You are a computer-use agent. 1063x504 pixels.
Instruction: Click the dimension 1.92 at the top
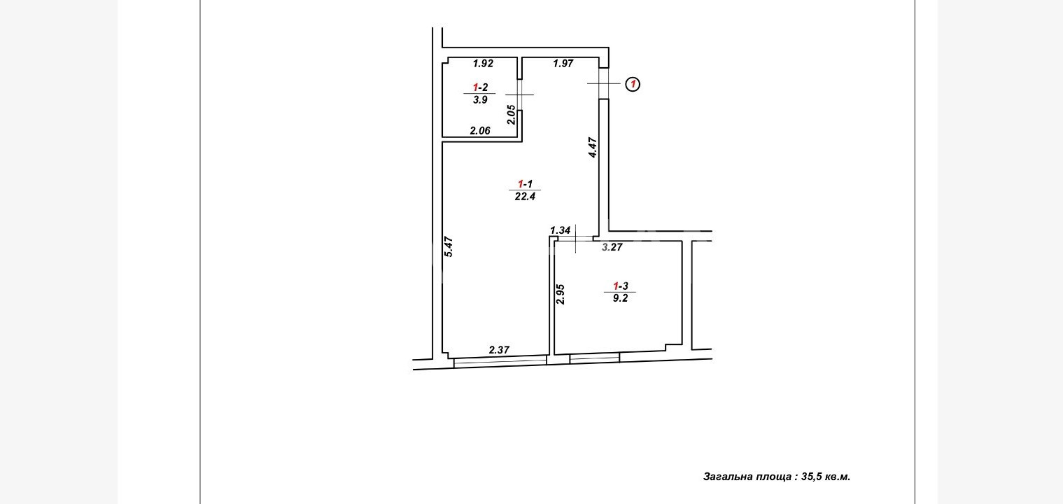coord(483,63)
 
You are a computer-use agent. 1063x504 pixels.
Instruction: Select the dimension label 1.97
coord(563,63)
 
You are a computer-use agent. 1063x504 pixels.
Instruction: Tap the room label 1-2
coord(480,87)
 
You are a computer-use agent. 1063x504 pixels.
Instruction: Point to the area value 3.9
coord(480,99)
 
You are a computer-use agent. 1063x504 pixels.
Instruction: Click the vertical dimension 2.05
coord(511,114)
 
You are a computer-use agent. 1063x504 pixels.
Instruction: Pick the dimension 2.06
coord(480,130)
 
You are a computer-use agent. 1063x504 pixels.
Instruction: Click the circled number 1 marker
coord(633,85)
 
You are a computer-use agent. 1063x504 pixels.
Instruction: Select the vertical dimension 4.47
coord(592,147)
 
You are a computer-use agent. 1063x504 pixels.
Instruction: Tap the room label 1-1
coord(525,183)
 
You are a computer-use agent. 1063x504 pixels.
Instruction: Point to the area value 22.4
coord(525,196)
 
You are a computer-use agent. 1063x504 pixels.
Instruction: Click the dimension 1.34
coord(560,230)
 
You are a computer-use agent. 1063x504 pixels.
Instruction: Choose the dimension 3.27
coord(612,247)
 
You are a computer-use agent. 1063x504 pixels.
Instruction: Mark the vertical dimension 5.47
coord(449,247)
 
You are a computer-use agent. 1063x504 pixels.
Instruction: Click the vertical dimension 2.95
coord(561,294)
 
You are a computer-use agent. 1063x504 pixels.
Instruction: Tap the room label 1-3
coord(620,286)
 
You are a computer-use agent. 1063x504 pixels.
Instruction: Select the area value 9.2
coord(620,298)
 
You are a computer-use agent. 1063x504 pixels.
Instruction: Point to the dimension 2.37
coord(499,350)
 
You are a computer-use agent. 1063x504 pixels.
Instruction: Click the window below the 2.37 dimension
coord(500,363)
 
